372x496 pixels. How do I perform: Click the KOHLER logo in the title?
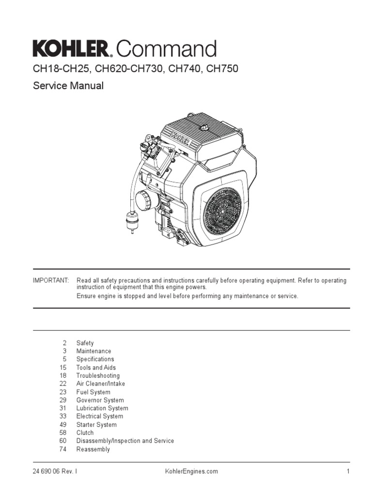point(72,49)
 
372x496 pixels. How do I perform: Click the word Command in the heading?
point(166,49)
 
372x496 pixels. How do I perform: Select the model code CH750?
point(222,69)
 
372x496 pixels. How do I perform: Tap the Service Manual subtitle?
point(68,86)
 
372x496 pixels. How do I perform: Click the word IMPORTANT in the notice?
point(51,281)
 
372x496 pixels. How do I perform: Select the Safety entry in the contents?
point(85,343)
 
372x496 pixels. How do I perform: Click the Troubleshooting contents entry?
point(98,375)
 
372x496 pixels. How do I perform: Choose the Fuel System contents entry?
point(93,392)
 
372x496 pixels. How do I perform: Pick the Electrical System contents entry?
point(99,416)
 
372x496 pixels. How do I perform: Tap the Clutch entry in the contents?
point(85,433)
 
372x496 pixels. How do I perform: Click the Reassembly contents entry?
point(93,449)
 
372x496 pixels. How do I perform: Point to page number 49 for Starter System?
point(63,425)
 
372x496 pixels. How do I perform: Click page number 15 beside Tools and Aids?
point(63,368)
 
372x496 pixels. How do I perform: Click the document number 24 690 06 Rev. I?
point(55,471)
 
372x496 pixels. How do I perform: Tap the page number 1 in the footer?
point(348,471)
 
